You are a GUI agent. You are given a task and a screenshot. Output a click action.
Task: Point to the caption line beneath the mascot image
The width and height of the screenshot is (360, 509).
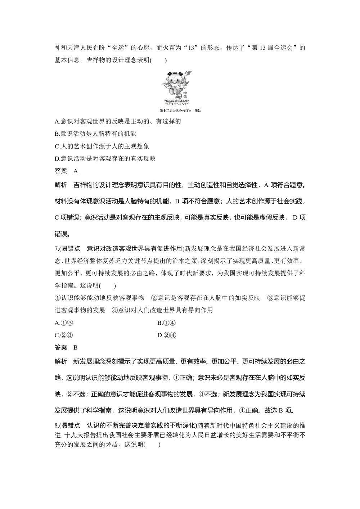click(x=180, y=111)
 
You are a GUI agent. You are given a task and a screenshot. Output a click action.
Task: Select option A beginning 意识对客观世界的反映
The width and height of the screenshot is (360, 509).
click(x=118, y=121)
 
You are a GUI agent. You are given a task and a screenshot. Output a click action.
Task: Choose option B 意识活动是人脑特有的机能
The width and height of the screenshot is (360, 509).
click(x=95, y=134)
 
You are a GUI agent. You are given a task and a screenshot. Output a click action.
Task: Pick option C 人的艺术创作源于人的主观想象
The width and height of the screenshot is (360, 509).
click(x=102, y=146)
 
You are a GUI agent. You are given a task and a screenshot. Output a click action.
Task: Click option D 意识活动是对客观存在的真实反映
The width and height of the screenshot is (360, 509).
click(x=105, y=158)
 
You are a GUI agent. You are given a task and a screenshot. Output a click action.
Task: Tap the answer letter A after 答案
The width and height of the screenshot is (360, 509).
click(x=76, y=171)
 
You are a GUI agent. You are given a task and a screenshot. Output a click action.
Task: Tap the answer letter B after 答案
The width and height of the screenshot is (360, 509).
click(x=76, y=347)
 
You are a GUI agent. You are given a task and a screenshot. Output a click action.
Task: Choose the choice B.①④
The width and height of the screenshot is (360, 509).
click(x=166, y=323)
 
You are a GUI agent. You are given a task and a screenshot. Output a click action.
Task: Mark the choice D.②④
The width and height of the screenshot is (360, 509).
click(x=166, y=335)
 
